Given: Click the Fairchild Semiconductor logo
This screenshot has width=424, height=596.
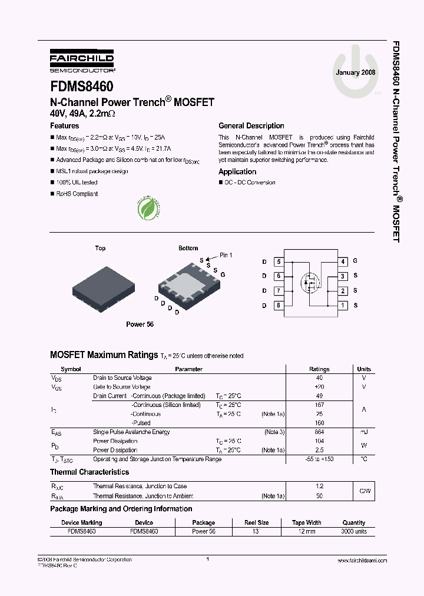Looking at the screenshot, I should coord(82,60).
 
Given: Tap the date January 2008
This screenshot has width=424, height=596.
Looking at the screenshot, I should coord(355,72).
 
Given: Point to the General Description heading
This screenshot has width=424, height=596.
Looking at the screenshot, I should coord(251,125).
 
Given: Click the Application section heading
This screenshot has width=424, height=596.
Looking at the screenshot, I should coord(237,172).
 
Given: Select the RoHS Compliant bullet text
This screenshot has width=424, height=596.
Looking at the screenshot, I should coord(77,194).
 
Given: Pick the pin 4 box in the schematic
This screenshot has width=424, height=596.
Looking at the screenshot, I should coord(342,261).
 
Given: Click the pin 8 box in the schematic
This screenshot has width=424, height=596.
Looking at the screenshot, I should coord(279,305).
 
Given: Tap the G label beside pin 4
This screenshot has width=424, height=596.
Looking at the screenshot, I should coord(355,261).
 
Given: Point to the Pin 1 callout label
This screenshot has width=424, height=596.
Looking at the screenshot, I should coord(226,255).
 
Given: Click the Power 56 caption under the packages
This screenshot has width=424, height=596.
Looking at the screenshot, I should coord(140,325).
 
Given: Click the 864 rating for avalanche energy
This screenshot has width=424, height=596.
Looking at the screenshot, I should coord(319,432).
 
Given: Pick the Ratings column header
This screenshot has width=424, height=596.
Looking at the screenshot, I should coord(319,369).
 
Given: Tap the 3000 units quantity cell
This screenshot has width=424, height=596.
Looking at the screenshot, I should coord(353,531).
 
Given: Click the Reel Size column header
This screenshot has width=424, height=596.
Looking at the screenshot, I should coord(257,522).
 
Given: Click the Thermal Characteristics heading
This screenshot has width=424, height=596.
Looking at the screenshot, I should coord(90,472).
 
